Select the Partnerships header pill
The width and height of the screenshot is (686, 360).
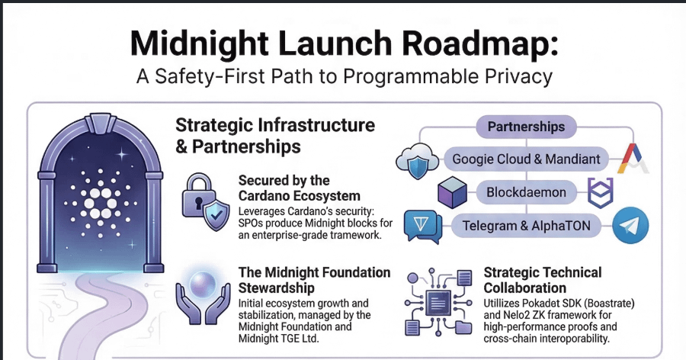pos(526,126)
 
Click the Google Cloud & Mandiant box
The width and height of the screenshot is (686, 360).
pos(526,159)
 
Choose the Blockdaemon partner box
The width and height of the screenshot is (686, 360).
pos(526,192)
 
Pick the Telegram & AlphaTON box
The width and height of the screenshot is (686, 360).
pos(526,225)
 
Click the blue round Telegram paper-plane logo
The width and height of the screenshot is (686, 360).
pos(630,226)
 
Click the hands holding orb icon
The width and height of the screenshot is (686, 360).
pos(202,294)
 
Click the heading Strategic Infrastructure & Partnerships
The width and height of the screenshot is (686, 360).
pos(274,135)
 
